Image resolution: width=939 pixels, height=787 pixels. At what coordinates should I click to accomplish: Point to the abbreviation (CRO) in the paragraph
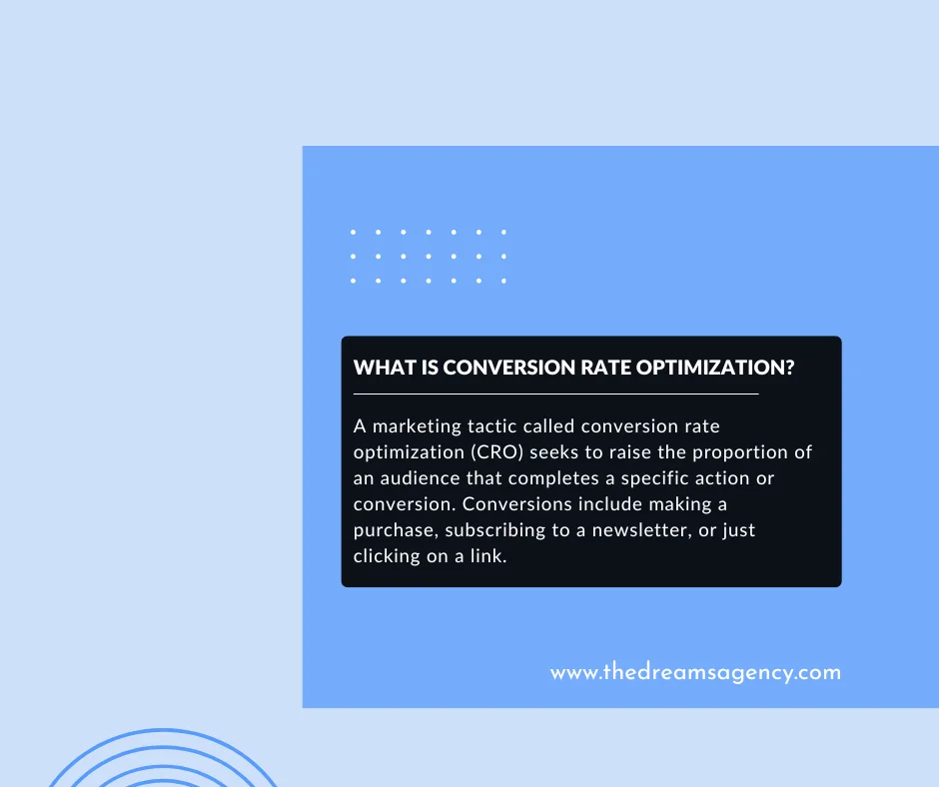pos(466,452)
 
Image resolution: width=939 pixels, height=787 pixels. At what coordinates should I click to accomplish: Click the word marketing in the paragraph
pos(415,426)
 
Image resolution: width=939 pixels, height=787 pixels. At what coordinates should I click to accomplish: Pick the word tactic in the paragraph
pos(492,426)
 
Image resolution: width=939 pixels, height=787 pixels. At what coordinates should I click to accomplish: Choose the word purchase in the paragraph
pos(396,530)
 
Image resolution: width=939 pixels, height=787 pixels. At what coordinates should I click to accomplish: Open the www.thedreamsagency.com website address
pos(695,672)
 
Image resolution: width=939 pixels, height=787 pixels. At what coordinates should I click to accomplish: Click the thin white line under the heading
pos(555,394)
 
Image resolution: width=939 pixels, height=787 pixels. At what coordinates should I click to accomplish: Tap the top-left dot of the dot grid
pos(355,232)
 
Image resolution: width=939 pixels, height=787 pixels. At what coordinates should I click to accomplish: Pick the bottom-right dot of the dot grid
pos(503,281)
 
